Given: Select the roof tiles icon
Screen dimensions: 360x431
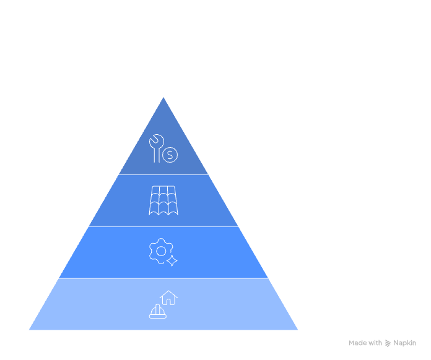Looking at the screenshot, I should pyautogui.click(x=163, y=200).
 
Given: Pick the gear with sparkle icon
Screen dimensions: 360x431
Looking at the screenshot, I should pyautogui.click(x=163, y=252).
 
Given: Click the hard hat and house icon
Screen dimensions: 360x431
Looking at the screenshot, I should pyautogui.click(x=163, y=304).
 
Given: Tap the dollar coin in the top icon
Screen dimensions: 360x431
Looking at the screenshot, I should pyautogui.click(x=170, y=155).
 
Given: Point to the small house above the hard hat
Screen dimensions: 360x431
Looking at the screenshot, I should pyautogui.click(x=169, y=298).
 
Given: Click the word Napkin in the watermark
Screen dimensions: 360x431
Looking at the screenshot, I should pyautogui.click(x=405, y=343).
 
